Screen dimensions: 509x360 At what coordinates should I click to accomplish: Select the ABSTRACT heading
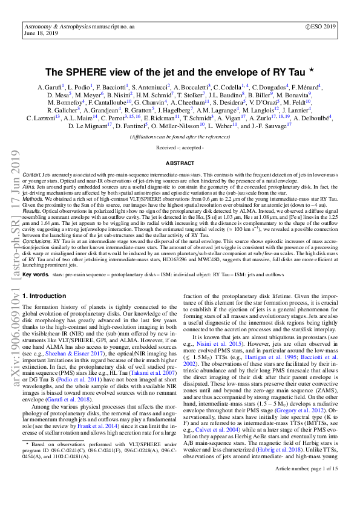click(179, 163)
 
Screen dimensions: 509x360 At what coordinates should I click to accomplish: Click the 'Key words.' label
click(36, 291)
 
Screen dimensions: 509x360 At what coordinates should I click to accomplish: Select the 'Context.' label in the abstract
click(33, 173)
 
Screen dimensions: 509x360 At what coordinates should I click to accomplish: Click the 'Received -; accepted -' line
click(179, 148)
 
